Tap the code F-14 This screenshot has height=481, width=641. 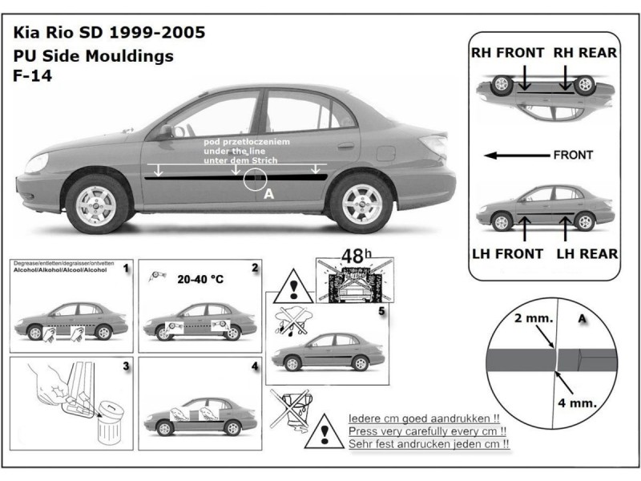pos(31,78)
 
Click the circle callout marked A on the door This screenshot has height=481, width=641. pos(256,180)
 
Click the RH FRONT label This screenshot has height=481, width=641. pos(506,53)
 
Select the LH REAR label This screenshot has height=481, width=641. pos(587,254)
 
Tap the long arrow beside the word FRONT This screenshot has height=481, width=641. pos(518,155)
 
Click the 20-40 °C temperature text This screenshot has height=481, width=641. pos(201,281)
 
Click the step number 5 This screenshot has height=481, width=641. pos(381,309)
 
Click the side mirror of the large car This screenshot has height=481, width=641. pos(164,131)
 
